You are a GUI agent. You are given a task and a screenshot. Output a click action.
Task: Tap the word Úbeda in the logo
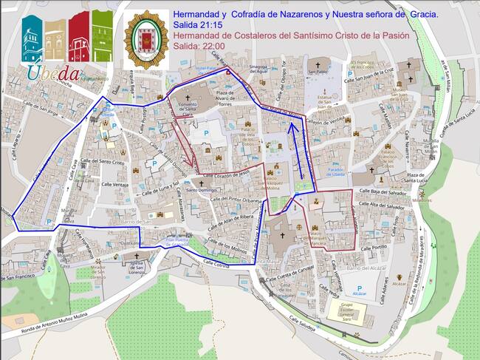53,72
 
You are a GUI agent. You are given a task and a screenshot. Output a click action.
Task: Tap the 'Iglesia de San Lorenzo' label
136,263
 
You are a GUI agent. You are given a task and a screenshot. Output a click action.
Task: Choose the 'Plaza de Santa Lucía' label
419,177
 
